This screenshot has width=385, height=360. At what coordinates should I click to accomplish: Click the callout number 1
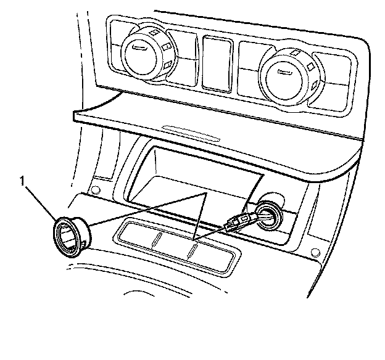23,181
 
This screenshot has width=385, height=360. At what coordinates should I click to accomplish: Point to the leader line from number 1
41,201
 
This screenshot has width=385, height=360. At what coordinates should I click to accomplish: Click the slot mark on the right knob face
284,72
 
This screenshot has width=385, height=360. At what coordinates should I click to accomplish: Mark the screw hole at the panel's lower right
316,252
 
